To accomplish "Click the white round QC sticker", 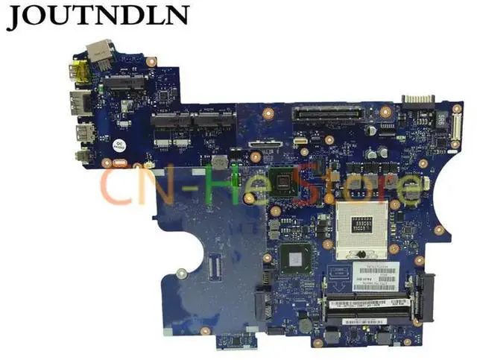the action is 119,145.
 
